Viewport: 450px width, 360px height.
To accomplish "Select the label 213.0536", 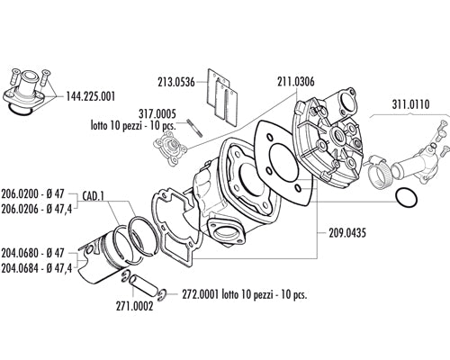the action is (x=176, y=82).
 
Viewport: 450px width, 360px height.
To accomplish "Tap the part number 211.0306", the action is (x=296, y=82).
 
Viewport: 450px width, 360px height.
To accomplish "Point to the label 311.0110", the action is (x=410, y=104).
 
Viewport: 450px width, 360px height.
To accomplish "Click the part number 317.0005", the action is (x=157, y=114).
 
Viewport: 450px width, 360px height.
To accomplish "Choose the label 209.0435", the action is (x=347, y=233).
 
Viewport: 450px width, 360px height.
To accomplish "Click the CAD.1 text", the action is (x=93, y=196).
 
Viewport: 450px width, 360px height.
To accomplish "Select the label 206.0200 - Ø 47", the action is (x=32, y=193).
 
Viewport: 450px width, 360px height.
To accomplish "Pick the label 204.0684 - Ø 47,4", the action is (x=37, y=268).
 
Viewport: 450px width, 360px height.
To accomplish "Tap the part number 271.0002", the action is (x=134, y=306).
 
